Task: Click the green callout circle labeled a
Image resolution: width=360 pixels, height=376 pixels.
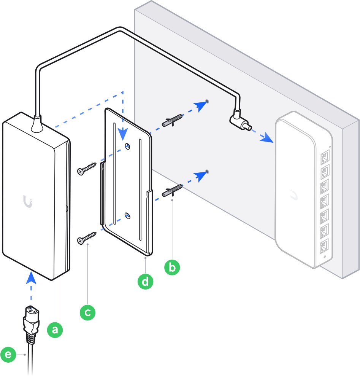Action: coord(55,330)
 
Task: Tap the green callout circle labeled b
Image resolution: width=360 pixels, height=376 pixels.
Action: coord(172,267)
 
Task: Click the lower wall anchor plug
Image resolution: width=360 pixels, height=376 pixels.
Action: coord(172,191)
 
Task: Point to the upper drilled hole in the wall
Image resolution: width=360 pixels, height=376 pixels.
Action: coord(207,102)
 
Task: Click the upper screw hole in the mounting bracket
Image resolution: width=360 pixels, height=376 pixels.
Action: coord(128,146)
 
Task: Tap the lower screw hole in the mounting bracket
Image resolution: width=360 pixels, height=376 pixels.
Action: coord(128,215)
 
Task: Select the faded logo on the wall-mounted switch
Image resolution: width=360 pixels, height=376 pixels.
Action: coord(293,194)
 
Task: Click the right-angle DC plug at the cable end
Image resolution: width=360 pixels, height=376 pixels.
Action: coord(240,123)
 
